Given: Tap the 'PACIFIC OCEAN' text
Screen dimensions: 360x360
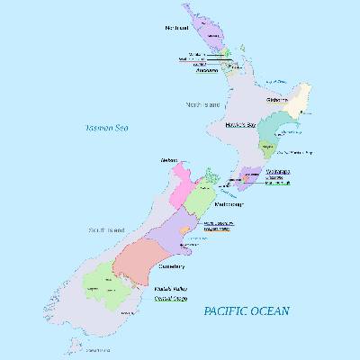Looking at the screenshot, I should [x=246, y=310].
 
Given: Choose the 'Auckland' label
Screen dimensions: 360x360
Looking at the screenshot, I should [x=203, y=71].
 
